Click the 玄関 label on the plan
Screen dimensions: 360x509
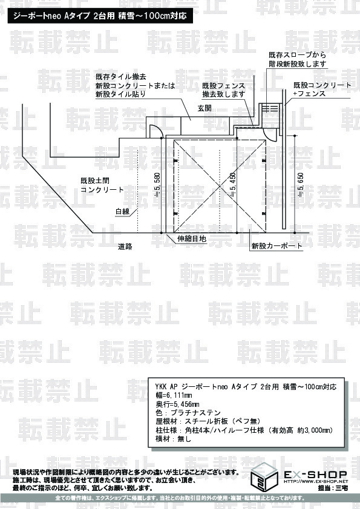tap(205, 108)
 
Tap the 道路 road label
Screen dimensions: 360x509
tap(125, 247)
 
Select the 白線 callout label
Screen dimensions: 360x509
tap(122, 212)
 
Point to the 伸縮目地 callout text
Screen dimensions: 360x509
tap(192, 239)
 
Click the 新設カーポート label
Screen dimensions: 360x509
tap(277, 246)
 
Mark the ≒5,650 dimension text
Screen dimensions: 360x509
tap(301, 184)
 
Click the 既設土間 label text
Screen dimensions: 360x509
tap(95, 181)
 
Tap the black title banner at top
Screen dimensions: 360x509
tap(100, 16)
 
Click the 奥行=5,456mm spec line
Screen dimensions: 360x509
tap(177, 404)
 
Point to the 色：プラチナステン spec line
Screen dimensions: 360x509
tap(188, 413)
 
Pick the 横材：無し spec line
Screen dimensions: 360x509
tap(174, 439)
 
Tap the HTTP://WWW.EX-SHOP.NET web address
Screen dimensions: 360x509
tap(316, 481)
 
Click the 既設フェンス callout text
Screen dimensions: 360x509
tap(223, 86)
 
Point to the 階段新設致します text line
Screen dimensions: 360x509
tap(297, 64)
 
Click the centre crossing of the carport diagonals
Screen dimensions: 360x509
tap(221, 186)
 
